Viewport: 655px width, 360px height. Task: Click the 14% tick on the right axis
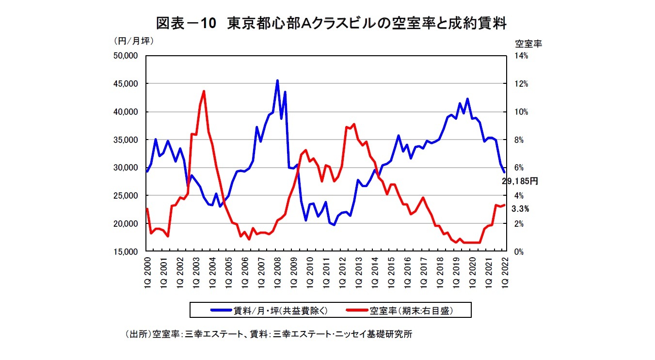click(521, 56)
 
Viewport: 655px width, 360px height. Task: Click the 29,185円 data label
click(520, 181)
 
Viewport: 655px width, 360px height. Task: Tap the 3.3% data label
click(520, 209)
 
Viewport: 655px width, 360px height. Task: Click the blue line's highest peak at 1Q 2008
click(277, 81)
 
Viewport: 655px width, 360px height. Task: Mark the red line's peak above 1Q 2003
click(204, 91)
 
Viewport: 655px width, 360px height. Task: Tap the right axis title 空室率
click(528, 43)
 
